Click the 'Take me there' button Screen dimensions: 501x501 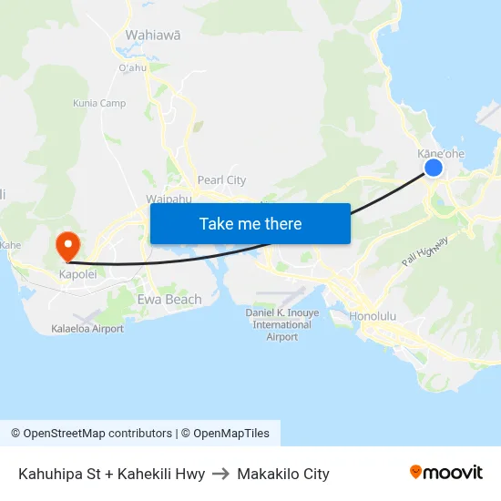250,223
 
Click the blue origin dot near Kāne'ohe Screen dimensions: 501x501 434,168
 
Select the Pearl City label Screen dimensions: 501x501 221,180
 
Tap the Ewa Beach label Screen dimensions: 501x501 169,299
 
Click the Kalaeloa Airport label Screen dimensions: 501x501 87,329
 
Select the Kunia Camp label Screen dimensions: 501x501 99,103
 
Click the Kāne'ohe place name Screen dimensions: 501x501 441,153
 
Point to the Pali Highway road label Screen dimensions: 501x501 424,251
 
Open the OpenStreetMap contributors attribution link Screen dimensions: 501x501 91,434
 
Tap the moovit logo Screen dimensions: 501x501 446,473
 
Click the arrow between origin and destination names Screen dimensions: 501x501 221,474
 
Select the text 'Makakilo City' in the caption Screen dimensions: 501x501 283,474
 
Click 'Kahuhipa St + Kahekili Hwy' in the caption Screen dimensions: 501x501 111,474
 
